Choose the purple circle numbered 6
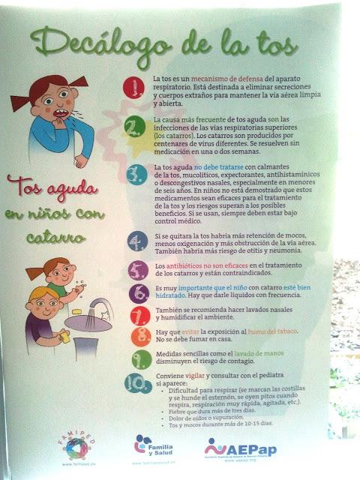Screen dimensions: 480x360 (x=136, y=293)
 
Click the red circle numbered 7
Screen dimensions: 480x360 (x=136, y=315)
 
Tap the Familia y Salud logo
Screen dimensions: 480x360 (x=153, y=444)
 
